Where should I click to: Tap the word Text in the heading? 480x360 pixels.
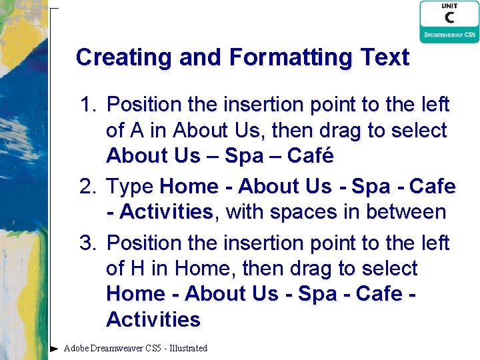pos(384,57)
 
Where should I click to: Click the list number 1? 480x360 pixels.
pos(88,105)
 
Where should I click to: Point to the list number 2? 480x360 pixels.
pos(88,187)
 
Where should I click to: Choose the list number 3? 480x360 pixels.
pos(88,243)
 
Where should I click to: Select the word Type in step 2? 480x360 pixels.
pos(130,187)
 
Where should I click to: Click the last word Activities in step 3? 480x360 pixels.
pos(153,320)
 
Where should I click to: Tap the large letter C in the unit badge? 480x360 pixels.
pos(449,18)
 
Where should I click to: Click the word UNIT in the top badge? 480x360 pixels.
pos(449,6)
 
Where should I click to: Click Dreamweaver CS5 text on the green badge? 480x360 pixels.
pos(449,35)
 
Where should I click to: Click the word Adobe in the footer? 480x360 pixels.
pos(77,348)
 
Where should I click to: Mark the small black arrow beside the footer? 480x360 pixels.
pos(54,348)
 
